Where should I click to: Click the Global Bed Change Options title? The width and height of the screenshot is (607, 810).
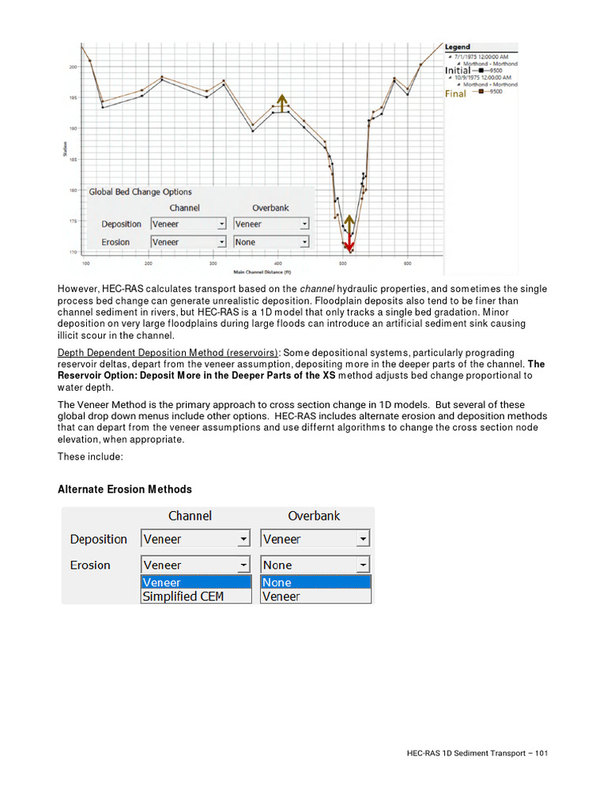coord(140,191)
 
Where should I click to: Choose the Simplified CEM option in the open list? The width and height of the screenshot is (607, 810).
coord(183,596)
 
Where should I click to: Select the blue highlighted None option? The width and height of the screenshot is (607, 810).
coord(315,582)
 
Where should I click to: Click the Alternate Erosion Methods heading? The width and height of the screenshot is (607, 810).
coord(124,490)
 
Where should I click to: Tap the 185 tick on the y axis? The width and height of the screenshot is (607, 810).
coord(72,160)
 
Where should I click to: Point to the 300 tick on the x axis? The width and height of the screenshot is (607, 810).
coord(213,263)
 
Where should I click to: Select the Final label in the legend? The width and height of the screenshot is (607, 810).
coord(455,93)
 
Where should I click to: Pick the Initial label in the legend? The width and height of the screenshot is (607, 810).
coord(458,70)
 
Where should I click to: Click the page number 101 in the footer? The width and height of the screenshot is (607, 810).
coord(541,754)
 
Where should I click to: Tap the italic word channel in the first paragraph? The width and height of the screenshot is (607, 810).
coord(316,289)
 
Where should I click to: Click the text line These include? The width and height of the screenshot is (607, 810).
coord(91,456)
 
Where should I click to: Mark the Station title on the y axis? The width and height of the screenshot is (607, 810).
coord(65,148)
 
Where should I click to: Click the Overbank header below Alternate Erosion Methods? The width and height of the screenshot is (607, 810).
coord(314,516)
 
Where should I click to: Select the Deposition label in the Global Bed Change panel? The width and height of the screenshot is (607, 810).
coord(121,224)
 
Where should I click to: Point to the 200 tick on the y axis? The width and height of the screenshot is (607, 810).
coord(72,67)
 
